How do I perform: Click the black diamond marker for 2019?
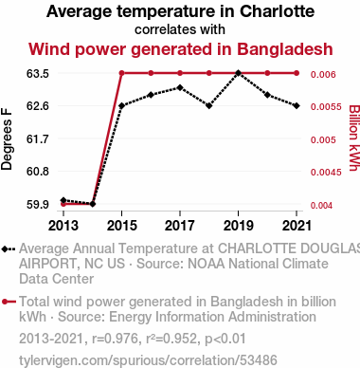coord(239,73)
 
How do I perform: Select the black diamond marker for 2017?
coord(180,87)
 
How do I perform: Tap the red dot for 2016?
coord(151,73)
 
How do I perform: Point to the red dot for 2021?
coord(297,73)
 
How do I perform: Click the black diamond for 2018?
coord(209,105)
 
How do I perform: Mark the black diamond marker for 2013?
coord(63,200)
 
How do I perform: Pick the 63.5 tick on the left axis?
coord(38,74)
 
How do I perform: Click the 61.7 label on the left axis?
coord(38,138)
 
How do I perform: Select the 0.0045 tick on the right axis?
coord(326,173)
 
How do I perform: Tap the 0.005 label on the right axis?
coord(323,139)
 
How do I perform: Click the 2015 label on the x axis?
coord(122,226)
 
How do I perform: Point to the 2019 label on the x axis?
coord(239,226)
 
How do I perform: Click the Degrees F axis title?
coord(7,139)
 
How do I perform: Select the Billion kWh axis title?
coord(354,138)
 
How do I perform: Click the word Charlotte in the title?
coord(277,11)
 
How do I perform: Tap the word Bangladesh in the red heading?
coord(285,49)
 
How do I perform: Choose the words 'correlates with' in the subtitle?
coord(180,29)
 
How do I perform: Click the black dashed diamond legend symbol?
coord(9,249)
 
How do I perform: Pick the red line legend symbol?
coord(9,302)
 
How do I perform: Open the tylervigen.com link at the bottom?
coord(148,360)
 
